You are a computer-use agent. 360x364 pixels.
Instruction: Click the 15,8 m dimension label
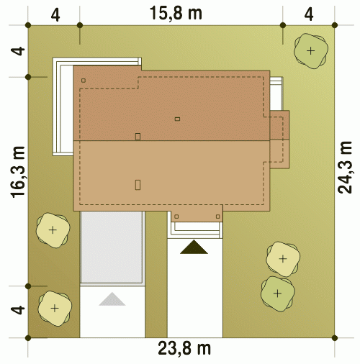click(176, 14)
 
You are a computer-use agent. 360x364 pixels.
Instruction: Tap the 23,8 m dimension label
click(184, 349)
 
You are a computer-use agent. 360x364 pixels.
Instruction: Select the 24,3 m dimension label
click(345, 168)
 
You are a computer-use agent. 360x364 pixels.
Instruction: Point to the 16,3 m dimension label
click(18, 172)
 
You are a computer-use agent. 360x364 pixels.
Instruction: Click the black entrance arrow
click(194, 247)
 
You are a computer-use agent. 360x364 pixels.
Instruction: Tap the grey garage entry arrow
click(112, 299)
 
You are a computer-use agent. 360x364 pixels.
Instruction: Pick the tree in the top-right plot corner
click(311, 51)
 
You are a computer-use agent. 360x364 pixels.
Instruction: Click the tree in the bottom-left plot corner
click(55, 309)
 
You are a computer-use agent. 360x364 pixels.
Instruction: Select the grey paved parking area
click(112, 247)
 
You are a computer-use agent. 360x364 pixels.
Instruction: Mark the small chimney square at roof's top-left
click(84, 81)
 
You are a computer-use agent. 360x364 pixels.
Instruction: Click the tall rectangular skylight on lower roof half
click(138, 185)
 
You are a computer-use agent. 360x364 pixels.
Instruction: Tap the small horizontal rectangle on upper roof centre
click(177, 119)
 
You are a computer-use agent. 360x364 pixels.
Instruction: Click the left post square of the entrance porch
click(176, 217)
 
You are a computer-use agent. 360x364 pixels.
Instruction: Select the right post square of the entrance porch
click(217, 217)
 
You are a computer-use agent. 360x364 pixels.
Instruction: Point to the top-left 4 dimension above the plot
click(55, 16)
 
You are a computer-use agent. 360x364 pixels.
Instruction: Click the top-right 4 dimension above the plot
click(309, 14)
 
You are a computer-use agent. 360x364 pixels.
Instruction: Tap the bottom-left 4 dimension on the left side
click(18, 310)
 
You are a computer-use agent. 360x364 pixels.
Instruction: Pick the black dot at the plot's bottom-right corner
click(335, 338)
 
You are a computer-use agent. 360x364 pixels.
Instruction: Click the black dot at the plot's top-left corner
click(28, 25)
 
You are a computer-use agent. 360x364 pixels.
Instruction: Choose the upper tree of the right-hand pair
click(283, 259)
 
